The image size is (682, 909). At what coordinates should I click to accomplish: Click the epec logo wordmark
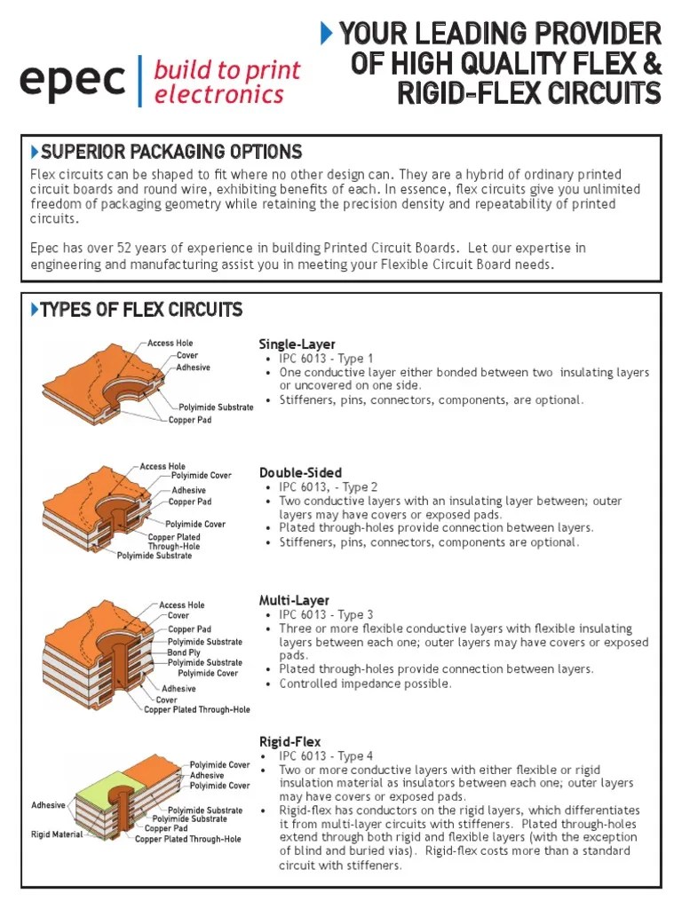coord(73,81)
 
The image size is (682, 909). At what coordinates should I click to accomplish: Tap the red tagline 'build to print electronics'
coord(227,82)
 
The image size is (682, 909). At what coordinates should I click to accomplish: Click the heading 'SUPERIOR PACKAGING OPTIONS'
coord(171,152)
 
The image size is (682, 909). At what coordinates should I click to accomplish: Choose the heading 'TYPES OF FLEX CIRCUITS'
coord(141,310)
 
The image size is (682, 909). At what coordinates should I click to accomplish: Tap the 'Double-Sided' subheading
coord(300,472)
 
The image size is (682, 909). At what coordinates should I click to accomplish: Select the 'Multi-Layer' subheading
coord(294,601)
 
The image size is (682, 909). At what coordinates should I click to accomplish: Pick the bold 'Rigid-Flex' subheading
coord(289,741)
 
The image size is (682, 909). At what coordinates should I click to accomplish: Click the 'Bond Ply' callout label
coord(185,652)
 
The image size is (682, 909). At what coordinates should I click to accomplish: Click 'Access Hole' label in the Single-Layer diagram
coord(170,344)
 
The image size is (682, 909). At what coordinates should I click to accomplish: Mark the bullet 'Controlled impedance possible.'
coord(365,684)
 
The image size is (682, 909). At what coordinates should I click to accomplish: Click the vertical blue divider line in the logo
coord(140,81)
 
